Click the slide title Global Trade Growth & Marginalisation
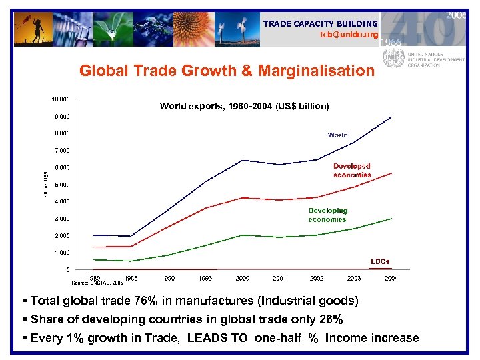227,71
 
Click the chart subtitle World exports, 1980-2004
244,106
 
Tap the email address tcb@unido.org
349,34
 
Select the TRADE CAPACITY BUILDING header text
320,23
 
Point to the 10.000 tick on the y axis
61,99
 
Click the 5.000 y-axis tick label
62,185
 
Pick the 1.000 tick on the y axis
62,253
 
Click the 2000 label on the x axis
243,278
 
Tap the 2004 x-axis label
391,278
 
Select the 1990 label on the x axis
169,278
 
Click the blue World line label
337,135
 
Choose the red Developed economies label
352,170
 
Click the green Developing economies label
327,215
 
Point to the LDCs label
380,261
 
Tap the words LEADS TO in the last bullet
221,338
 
